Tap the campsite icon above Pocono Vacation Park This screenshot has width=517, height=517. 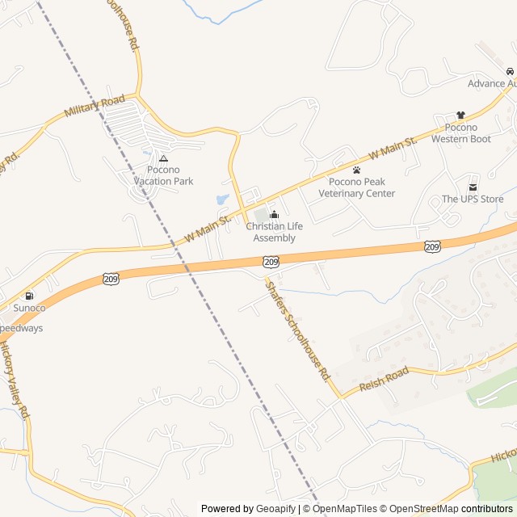click(163, 158)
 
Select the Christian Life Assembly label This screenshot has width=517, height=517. click(274, 232)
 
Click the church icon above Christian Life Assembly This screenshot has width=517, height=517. click(274, 214)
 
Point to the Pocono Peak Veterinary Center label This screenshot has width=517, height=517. click(356, 187)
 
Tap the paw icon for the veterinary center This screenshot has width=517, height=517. click(356, 170)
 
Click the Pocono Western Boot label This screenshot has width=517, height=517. click(460, 133)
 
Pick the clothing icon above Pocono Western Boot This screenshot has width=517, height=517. click(460, 116)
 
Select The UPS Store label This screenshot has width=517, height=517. click(472, 199)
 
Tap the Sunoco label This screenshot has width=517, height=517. click(29, 308)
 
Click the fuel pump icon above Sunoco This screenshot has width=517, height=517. click(29, 296)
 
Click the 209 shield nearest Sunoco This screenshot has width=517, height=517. click(111, 279)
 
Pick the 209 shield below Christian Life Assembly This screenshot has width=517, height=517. click(271, 261)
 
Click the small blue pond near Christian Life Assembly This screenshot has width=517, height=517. click(222, 199)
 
